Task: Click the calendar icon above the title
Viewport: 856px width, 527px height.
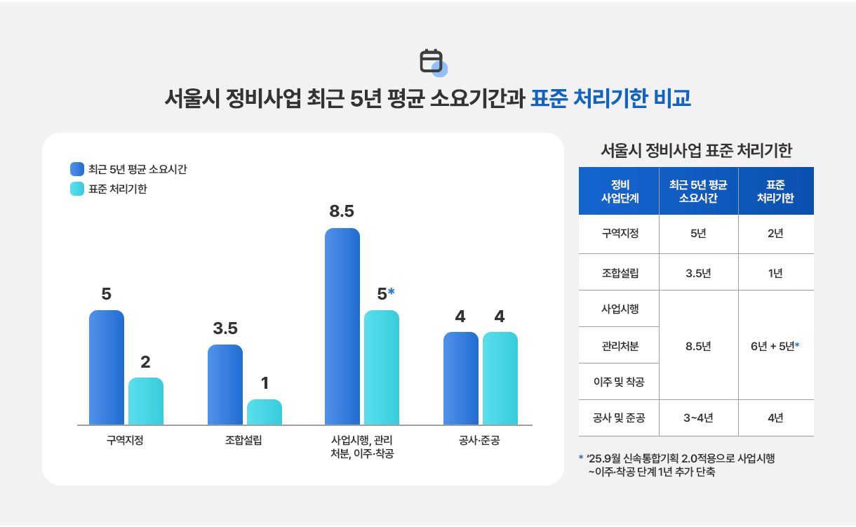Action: (432, 62)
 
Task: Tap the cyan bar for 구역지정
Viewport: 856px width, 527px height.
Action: (146, 401)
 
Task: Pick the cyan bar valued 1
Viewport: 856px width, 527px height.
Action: (265, 412)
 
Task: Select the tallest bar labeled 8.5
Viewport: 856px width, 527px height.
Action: (342, 326)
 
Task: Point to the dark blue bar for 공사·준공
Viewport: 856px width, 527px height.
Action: (461, 378)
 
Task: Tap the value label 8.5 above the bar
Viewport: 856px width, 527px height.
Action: (342, 211)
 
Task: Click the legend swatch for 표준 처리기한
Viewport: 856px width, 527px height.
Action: (77, 189)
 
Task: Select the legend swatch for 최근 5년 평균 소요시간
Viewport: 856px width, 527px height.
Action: (77, 169)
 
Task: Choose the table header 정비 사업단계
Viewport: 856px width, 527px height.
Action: (620, 191)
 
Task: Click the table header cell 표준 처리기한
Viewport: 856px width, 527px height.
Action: (775, 191)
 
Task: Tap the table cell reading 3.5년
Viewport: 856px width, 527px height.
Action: (698, 273)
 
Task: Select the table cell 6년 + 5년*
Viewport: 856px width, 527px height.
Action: (775, 346)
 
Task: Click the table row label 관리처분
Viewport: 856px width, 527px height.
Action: (620, 346)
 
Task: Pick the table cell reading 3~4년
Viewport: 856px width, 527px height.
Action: (698, 418)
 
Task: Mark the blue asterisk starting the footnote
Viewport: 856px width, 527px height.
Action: (581, 458)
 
